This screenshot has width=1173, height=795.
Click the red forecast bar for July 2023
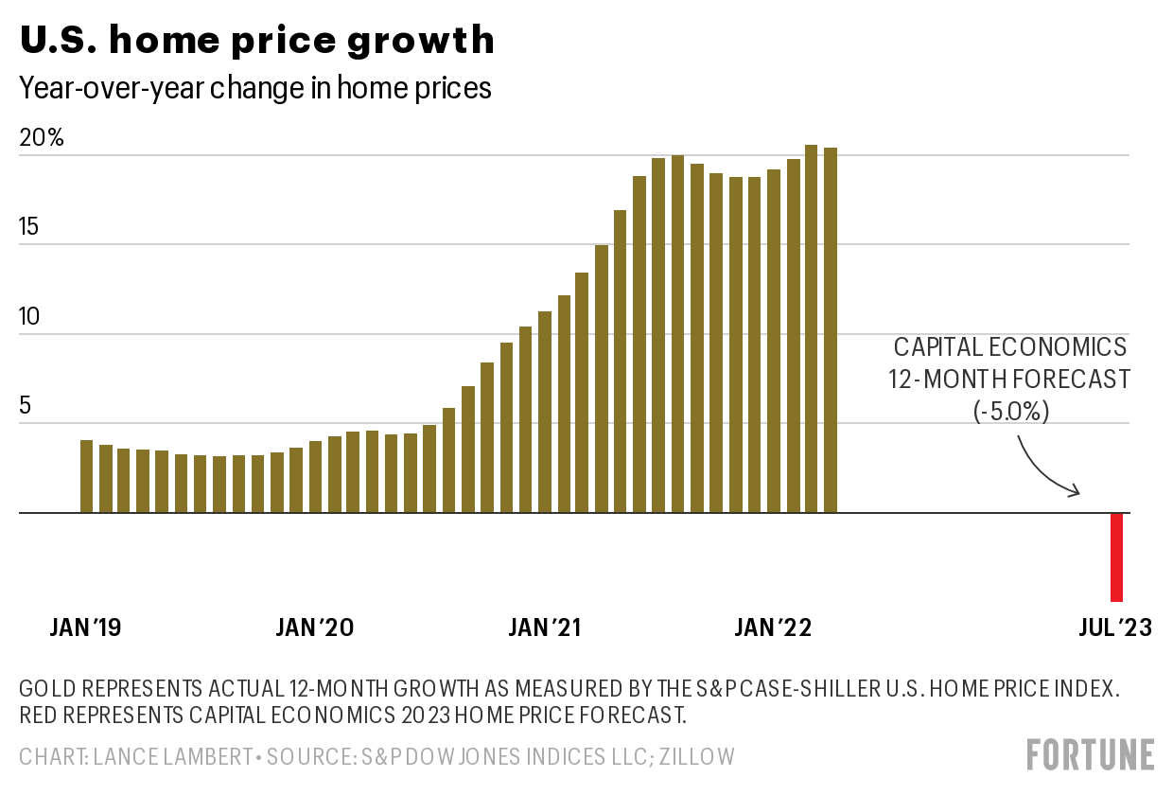1117,556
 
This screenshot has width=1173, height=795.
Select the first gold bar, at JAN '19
86,476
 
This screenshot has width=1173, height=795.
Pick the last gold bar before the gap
830,330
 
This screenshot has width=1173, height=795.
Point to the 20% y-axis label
43,137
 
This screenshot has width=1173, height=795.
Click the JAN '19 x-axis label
86,627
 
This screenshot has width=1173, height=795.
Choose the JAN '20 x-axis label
315,627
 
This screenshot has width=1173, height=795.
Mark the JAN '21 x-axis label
545,627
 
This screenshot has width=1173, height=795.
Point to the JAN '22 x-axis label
773,627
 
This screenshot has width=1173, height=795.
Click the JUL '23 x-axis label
1115,627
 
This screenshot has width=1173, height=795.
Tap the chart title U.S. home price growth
256,40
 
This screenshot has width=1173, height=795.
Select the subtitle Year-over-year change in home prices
255,88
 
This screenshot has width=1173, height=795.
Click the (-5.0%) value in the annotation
1009,413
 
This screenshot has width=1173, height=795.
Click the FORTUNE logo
1091,754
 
